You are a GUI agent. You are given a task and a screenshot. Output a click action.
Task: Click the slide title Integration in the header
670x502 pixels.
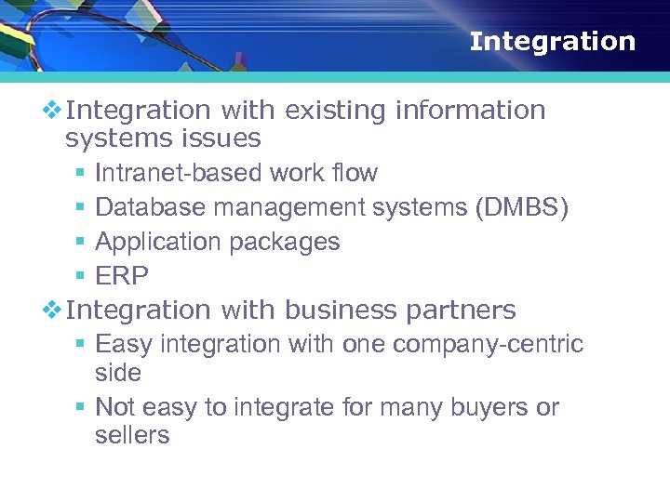[552, 42]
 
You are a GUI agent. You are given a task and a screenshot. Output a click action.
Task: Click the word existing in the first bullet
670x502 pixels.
[336, 111]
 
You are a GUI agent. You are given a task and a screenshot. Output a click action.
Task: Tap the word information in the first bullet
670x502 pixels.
[470, 111]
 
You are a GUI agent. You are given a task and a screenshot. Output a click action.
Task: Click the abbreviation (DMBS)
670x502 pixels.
[521, 207]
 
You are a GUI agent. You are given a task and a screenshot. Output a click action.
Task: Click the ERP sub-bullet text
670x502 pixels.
[122, 276]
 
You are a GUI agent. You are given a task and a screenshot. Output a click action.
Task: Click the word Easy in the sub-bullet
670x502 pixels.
[124, 345]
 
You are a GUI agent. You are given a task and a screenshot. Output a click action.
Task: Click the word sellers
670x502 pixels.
[132, 435]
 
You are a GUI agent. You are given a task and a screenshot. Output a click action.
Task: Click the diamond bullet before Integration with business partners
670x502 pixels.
[53, 310]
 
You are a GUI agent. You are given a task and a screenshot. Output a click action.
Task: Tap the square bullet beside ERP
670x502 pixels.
[80, 277]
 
